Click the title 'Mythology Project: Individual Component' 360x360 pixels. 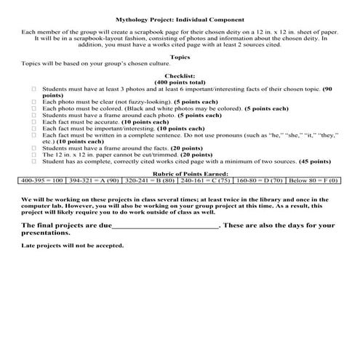click(180, 20)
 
